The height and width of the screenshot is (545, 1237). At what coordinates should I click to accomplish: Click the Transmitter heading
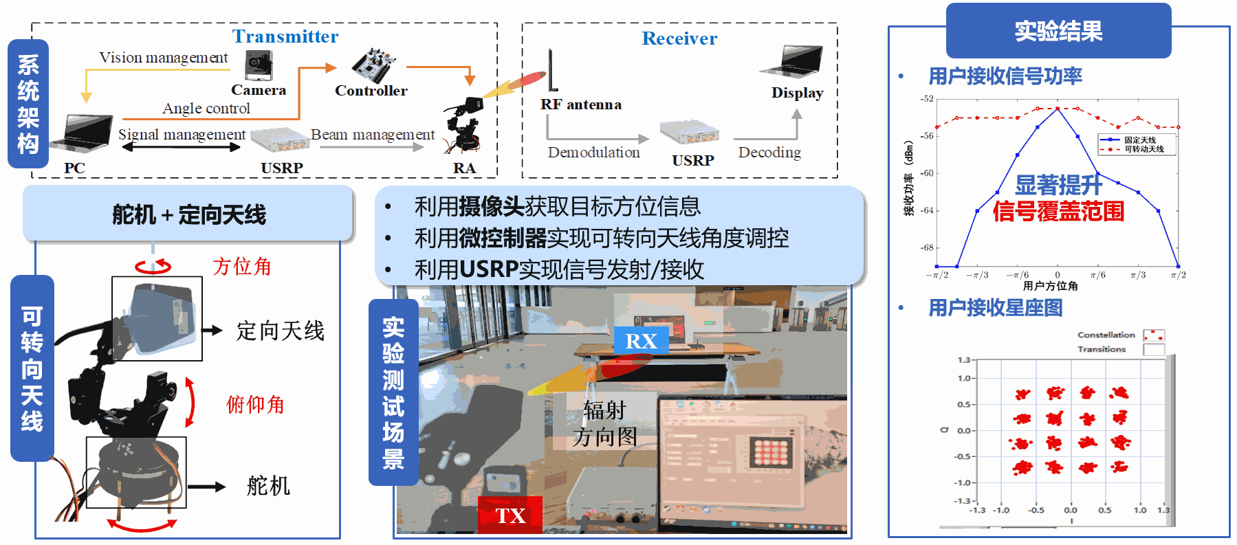tap(285, 36)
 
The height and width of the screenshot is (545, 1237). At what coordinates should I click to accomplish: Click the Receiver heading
tap(679, 38)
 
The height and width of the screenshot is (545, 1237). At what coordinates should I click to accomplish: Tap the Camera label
tap(259, 90)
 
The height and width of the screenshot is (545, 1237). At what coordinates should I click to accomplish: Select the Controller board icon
tap(373, 65)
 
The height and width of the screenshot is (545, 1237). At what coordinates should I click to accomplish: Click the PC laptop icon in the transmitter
tap(87, 133)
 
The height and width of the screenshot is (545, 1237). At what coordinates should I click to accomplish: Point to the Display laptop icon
tap(794, 62)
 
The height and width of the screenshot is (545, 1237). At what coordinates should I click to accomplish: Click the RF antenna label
tap(581, 104)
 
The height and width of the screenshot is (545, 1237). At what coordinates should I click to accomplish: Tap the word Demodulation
tap(593, 152)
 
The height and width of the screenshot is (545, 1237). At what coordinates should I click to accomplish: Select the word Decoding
tap(769, 152)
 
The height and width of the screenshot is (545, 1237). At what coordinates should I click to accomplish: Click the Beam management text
tap(373, 135)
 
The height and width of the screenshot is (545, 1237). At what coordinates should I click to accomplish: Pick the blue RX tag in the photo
tap(641, 341)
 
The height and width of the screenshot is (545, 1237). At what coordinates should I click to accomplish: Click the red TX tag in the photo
tap(510, 515)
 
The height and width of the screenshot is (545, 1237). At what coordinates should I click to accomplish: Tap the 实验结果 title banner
tap(1058, 31)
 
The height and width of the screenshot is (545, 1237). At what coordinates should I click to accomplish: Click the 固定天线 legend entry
tap(1139, 140)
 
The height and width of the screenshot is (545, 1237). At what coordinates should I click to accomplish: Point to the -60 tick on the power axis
tap(928, 173)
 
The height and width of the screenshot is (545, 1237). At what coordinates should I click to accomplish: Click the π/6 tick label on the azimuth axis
tap(1098, 275)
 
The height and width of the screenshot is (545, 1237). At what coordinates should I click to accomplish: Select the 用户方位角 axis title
tap(1050, 286)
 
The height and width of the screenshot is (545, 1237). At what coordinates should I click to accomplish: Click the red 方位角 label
tap(242, 267)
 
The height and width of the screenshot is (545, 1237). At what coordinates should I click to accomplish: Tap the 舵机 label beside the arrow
tap(268, 486)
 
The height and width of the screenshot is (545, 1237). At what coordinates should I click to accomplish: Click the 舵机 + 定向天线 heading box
tap(188, 214)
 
